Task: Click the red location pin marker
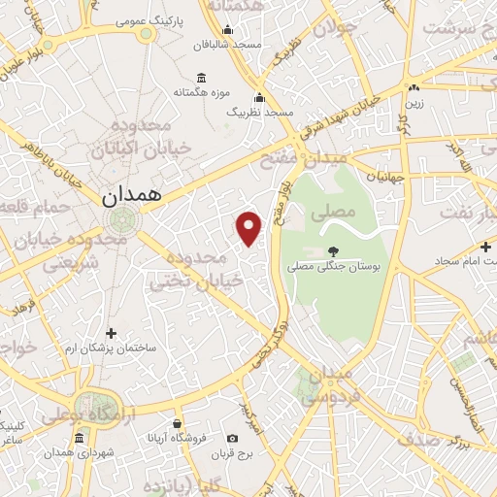pos(249,228)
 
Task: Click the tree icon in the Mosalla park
pos(333,249)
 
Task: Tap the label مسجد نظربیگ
pos(259,113)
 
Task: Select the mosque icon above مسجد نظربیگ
pos(259,97)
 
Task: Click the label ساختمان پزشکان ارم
pos(110,348)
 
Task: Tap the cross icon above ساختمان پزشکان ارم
pos(110,333)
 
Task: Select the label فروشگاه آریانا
pos(177,437)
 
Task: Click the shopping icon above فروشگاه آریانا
pos(177,423)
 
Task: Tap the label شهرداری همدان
pos(80,453)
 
